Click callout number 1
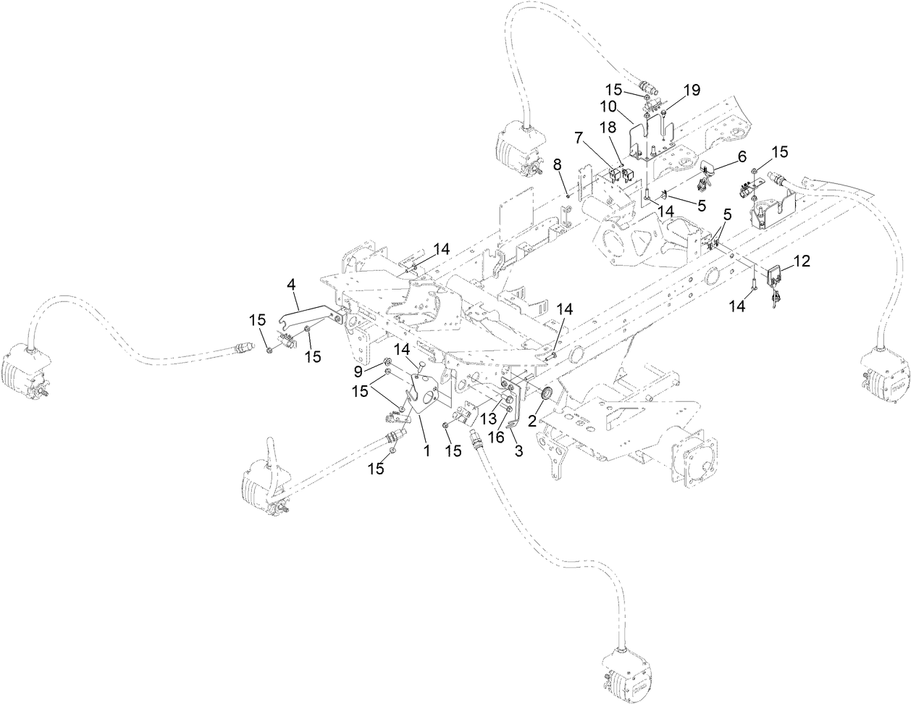pyautogui.click(x=427, y=451)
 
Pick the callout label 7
pyautogui.click(x=579, y=137)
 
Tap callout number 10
pyautogui.click(x=607, y=106)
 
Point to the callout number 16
pyautogui.click(x=496, y=437)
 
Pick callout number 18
pyautogui.click(x=608, y=127)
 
